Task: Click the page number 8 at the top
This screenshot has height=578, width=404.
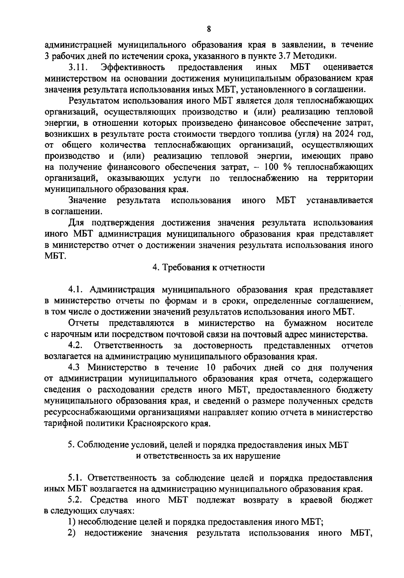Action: click(x=209, y=29)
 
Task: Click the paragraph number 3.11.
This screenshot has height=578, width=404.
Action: click(x=78, y=67)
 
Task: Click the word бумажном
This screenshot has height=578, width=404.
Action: click(x=305, y=323)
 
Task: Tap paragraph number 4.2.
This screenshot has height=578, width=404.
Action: click(x=76, y=345)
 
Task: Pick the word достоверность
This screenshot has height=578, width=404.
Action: click(x=223, y=345)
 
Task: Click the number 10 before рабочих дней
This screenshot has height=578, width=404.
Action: click(x=206, y=368)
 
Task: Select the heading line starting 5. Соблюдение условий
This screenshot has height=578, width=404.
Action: click(x=208, y=445)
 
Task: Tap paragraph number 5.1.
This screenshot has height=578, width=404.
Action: click(x=76, y=478)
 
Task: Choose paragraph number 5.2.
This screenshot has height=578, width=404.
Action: click(x=76, y=500)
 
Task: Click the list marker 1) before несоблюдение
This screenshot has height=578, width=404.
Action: click(x=72, y=523)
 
